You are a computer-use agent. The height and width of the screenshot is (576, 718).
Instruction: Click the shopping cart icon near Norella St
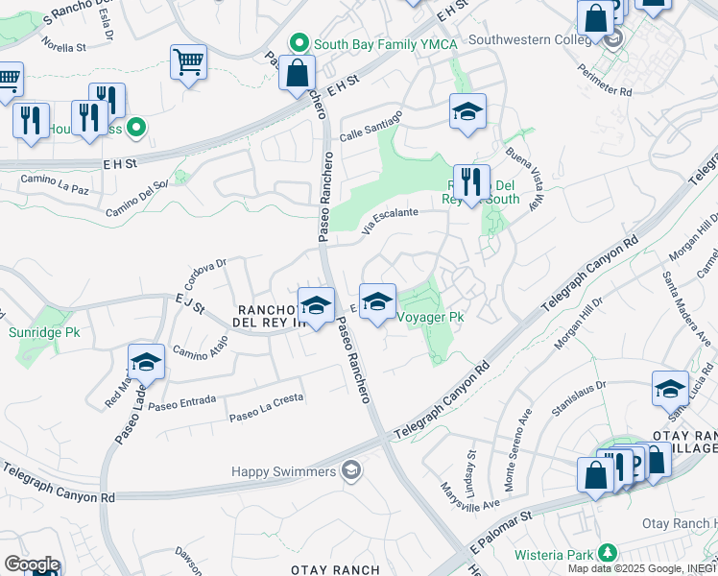pyautogui.click(x=188, y=62)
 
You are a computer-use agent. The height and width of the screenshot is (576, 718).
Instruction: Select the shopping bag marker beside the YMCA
pyautogui.click(x=298, y=73)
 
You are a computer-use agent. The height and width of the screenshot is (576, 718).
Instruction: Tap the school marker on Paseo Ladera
pyautogui.click(x=146, y=362)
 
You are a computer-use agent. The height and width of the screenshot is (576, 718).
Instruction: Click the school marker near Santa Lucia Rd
pyautogui.click(x=670, y=389)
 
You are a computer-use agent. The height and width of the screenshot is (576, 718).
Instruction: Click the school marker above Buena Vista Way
pyautogui.click(x=467, y=111)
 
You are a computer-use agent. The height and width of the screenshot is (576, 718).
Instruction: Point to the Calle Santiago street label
pyautogui.click(x=370, y=126)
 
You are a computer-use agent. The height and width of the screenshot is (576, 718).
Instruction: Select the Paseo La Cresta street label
pyautogui.click(x=265, y=407)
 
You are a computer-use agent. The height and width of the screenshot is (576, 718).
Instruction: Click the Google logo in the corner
pyautogui.click(x=31, y=564)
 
